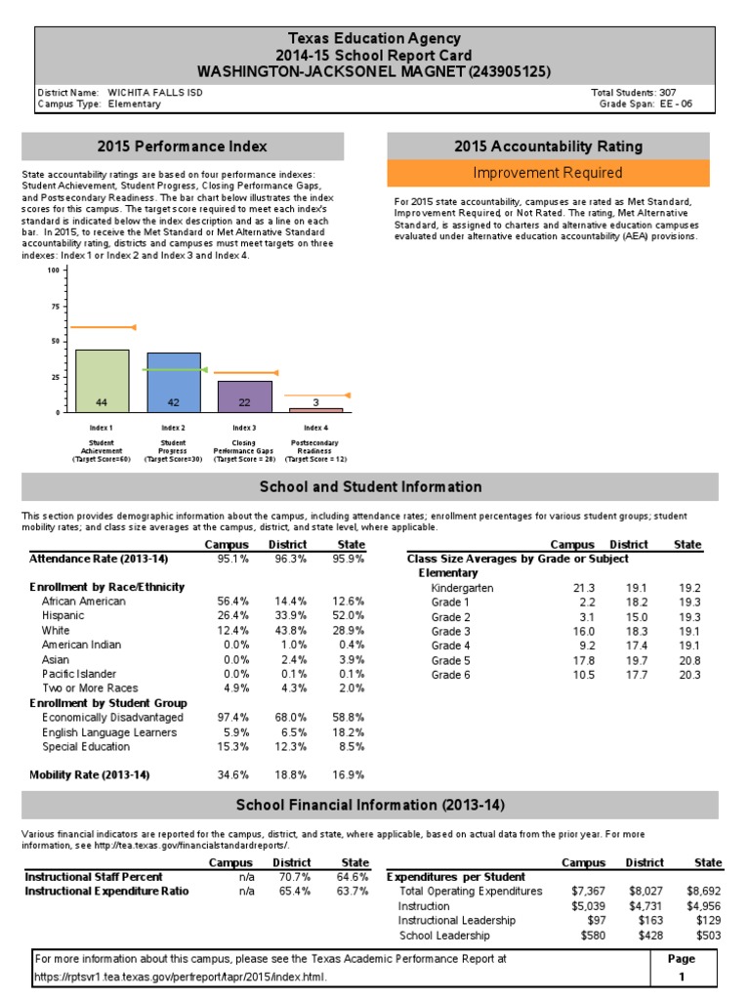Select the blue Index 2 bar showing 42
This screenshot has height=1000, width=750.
click(174, 382)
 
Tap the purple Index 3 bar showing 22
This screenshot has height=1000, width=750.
click(245, 396)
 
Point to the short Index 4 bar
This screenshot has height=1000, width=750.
click(315, 410)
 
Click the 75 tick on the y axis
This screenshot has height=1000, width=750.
click(52, 306)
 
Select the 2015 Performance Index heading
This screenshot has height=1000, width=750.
click(182, 146)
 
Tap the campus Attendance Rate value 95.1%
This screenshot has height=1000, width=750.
click(232, 560)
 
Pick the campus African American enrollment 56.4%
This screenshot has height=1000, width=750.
click(232, 602)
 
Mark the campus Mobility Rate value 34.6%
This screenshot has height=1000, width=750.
click(232, 774)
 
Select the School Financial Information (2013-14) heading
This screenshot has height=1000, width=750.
click(371, 806)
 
